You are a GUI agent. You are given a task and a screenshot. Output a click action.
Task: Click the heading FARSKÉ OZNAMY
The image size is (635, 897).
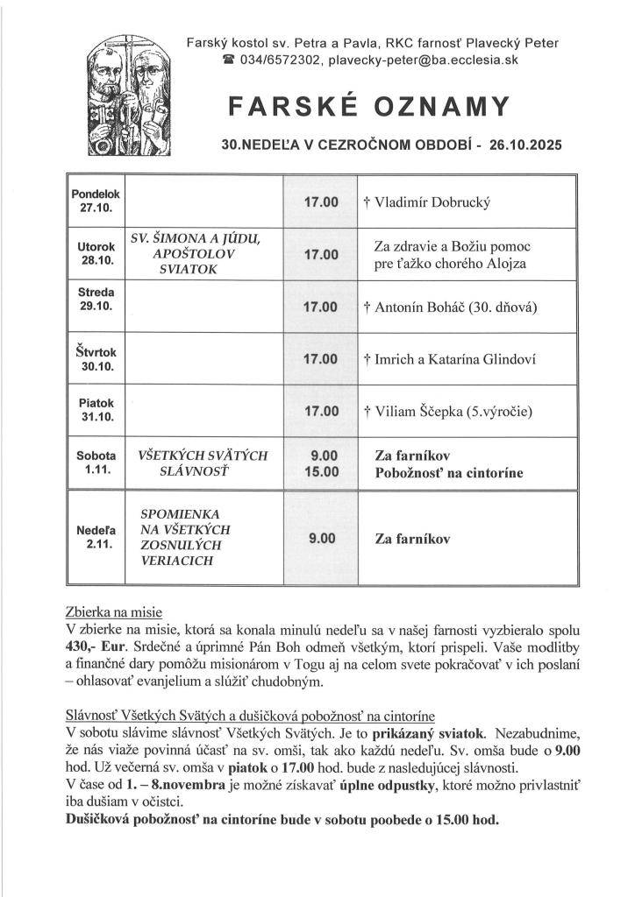369,107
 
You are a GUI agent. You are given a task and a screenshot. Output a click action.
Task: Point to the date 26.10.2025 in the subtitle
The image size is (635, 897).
521,143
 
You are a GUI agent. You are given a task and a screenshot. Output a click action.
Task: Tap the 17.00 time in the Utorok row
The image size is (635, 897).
320,254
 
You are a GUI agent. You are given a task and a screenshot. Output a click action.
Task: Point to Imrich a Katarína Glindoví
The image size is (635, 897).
448,359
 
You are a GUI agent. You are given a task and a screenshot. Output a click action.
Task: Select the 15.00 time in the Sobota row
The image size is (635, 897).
321,472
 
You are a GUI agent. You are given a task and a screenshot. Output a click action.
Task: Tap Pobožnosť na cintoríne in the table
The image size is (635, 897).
448,473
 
